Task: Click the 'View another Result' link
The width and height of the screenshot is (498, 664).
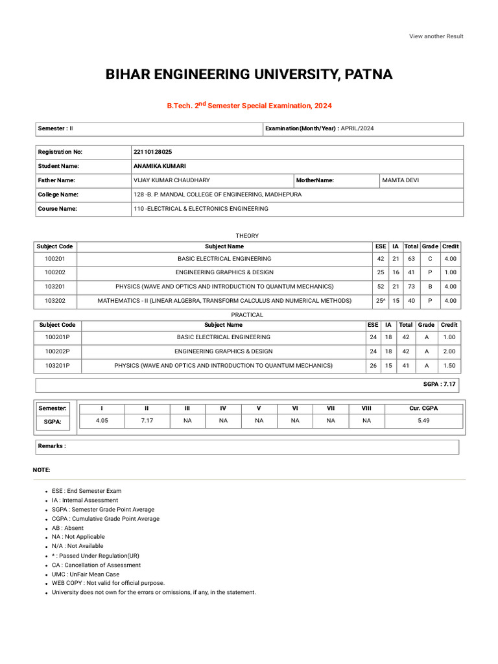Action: click(x=436, y=36)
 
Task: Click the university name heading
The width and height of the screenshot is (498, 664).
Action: click(x=249, y=75)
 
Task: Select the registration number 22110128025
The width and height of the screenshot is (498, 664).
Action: click(x=152, y=152)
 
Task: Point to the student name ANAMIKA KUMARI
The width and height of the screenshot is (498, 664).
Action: click(x=159, y=166)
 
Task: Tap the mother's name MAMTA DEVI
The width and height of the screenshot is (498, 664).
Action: click(x=401, y=180)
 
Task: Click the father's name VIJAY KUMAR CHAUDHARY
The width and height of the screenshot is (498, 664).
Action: click(x=171, y=180)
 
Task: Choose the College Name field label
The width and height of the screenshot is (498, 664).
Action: click(x=58, y=195)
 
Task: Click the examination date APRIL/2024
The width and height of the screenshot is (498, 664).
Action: click(x=357, y=128)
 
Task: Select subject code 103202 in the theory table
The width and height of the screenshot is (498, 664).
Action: click(x=54, y=301)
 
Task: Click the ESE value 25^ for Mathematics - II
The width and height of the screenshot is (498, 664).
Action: click(x=380, y=301)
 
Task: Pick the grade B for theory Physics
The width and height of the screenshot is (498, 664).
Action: click(x=430, y=287)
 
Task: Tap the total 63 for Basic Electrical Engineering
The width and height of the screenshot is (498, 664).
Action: click(x=411, y=258)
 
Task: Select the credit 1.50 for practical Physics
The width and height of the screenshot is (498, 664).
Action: click(x=449, y=366)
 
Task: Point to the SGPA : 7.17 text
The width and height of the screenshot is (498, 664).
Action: click(x=440, y=385)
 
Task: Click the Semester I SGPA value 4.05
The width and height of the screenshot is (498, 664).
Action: click(x=102, y=421)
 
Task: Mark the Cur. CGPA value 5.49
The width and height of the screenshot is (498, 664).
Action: click(x=424, y=421)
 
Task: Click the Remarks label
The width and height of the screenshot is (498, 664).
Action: click(x=52, y=446)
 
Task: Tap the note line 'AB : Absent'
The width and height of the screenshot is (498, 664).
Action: click(x=67, y=528)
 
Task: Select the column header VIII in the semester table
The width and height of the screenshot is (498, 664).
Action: click(x=366, y=408)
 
